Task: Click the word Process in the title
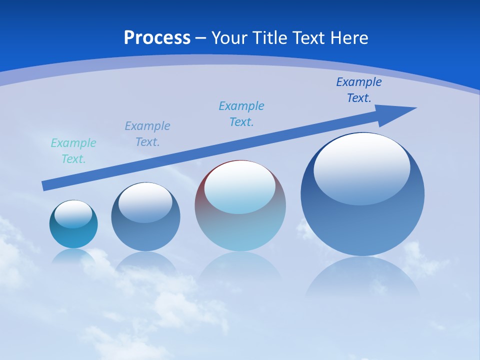point(157,38)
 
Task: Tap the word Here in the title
point(349,38)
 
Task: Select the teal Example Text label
point(73,151)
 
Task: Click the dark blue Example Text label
point(358,90)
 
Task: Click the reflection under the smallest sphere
point(73,256)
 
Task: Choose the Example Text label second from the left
point(147,134)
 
